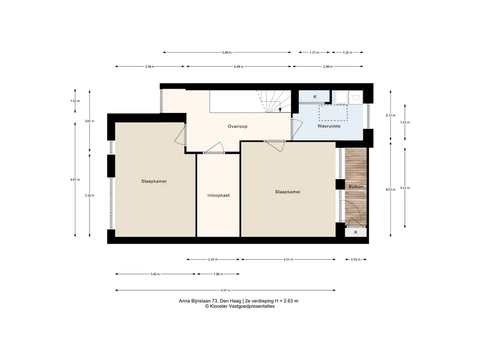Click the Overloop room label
[x=238, y=127]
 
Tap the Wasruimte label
[x=329, y=126]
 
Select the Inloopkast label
[x=218, y=195]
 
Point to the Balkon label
[x=356, y=187]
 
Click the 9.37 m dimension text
[x=225, y=290]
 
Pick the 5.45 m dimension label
[x=227, y=52]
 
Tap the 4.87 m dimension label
[x=75, y=180]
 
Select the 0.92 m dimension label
[x=356, y=259]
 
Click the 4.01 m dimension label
[x=288, y=259]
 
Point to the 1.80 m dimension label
[x=218, y=274]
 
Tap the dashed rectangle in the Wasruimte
[x=333, y=112]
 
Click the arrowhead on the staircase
[x=280, y=110]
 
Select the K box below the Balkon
[x=356, y=232]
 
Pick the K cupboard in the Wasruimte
[x=315, y=97]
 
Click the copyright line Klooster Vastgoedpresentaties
[x=240, y=306]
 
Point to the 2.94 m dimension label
[x=150, y=67]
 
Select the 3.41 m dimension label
[x=405, y=188]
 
